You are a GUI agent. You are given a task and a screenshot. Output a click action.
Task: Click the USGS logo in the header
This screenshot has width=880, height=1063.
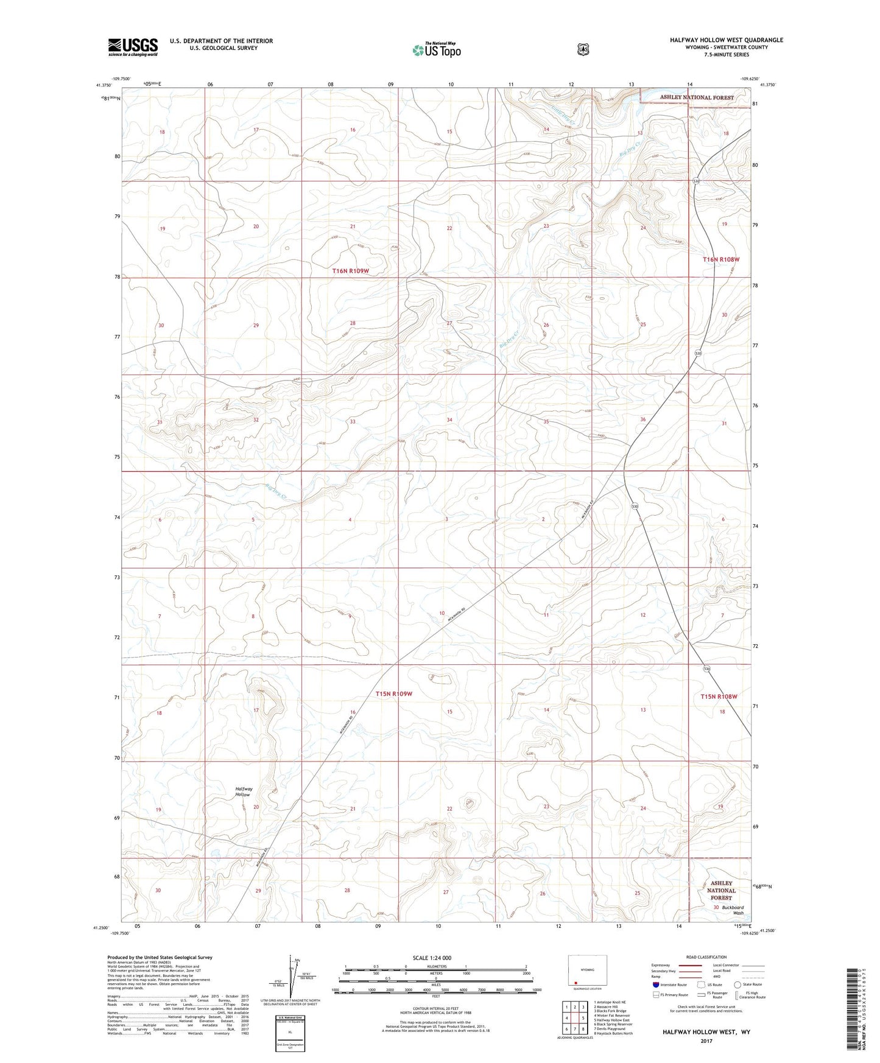133,47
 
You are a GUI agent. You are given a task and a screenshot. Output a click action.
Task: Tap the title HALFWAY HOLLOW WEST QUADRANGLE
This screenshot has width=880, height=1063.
726,40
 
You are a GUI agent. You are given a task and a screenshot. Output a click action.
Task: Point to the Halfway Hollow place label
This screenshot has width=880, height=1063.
244,791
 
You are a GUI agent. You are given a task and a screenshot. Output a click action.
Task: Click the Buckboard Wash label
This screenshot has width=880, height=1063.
733,910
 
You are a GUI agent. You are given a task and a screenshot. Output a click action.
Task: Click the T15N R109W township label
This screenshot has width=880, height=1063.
393,693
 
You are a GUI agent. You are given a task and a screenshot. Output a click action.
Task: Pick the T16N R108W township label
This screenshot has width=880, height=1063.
721,259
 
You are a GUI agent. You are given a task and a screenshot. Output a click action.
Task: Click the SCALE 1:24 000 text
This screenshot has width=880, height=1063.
432,958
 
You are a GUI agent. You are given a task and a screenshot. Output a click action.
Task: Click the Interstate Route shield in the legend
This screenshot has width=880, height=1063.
655,984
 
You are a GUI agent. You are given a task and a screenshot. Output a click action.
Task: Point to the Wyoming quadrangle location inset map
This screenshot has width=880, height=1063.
587,972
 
